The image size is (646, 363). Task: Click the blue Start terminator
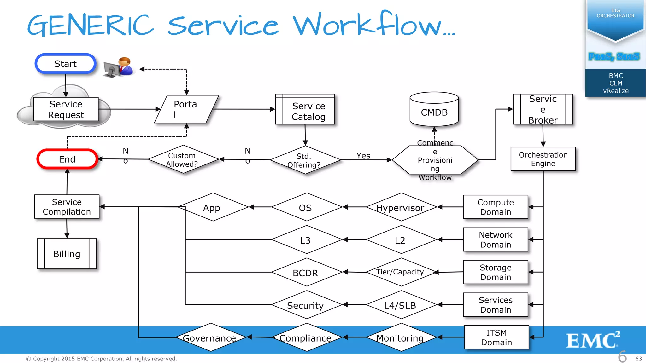coord(65,64)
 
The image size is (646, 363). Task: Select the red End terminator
coord(67,159)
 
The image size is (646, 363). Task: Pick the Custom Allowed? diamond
coord(183,159)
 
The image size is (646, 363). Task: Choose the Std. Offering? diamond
coord(305,160)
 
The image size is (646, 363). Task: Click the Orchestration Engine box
coord(543,159)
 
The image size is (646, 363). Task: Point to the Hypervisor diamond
coord(401,207)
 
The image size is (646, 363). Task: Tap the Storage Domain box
coord(496,272)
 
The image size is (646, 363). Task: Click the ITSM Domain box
coord(496,337)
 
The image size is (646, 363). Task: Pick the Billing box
coord(67,254)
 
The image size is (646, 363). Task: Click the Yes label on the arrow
coord(363,156)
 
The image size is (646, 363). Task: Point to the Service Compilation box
coord(67,207)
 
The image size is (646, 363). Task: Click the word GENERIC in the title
coord(91,25)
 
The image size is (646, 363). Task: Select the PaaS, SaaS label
coord(614,56)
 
